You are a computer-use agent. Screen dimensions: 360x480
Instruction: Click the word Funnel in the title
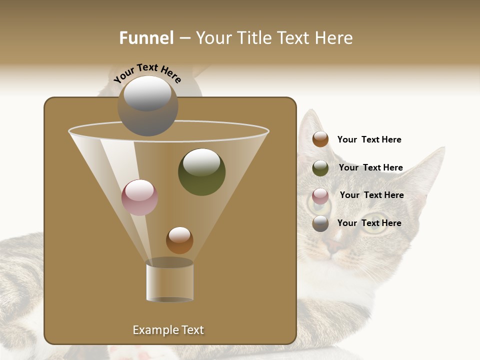(146, 38)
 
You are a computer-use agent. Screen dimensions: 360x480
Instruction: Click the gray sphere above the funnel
(147, 105)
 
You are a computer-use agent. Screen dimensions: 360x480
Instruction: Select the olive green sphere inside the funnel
(201, 171)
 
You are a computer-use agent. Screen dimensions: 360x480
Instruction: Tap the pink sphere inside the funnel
(139, 197)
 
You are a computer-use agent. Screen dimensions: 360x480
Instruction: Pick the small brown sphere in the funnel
(179, 240)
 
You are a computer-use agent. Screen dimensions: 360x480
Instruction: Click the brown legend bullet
(320, 139)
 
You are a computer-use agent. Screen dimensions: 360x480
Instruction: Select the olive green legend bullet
(320, 167)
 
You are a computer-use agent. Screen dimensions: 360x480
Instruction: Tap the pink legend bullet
(320, 195)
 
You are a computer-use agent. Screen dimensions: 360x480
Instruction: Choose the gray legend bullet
(320, 223)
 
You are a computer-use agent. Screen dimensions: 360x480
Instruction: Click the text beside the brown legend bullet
(369, 139)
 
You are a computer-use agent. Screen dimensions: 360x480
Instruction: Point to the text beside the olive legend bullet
(370, 167)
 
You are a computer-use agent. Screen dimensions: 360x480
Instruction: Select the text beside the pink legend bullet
(371, 195)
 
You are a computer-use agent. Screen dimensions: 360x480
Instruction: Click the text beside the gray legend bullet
(369, 223)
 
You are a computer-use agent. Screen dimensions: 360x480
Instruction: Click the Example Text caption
(168, 330)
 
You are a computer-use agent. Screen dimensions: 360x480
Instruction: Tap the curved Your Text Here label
(147, 73)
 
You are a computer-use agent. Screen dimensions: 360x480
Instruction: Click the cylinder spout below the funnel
(169, 281)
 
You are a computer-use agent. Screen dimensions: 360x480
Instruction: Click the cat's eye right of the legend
(378, 220)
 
